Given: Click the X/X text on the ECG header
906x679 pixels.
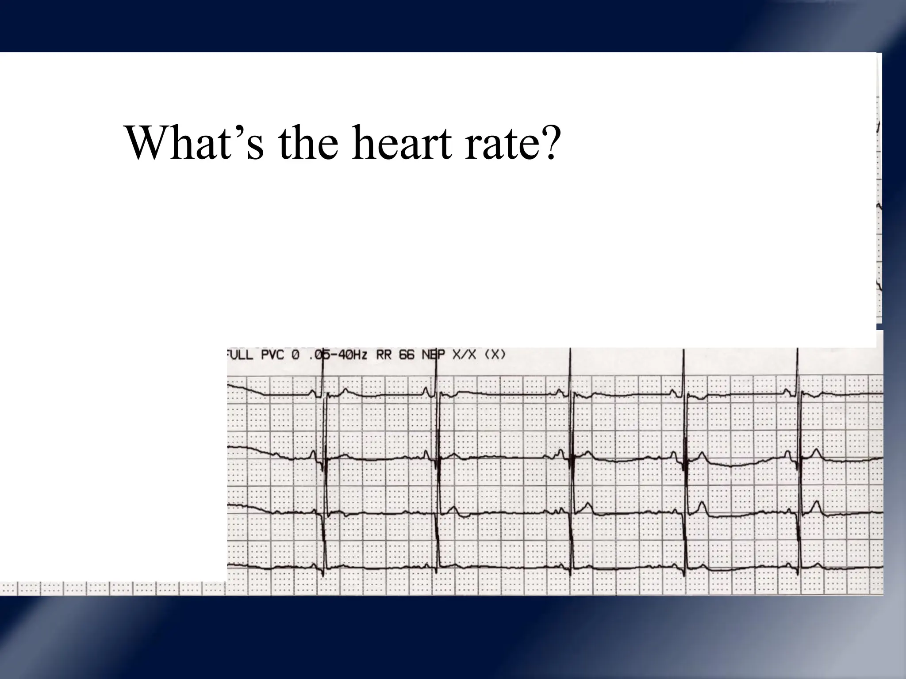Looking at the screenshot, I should point(464,355).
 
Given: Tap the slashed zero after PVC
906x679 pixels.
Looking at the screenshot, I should point(296,355).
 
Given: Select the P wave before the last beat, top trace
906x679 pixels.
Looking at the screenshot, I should point(787,391).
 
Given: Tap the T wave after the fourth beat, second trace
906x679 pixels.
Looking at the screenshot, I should point(701,455).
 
